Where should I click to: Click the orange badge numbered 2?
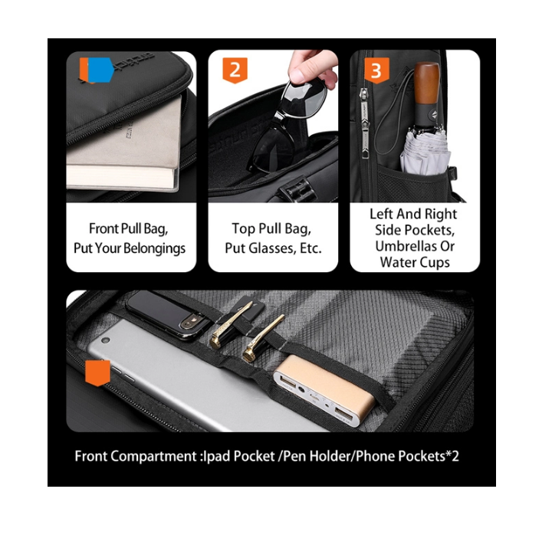pyautogui.click(x=235, y=71)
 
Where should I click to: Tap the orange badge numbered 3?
pyautogui.click(x=376, y=71)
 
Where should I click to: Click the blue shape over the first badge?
pyautogui.click(x=100, y=70)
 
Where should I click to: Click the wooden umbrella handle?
pyautogui.click(x=426, y=84)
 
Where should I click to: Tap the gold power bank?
pyautogui.click(x=324, y=391)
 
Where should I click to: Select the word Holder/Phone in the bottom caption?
pyautogui.click(x=353, y=456)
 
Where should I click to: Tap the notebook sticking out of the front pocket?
pyautogui.click(x=124, y=148)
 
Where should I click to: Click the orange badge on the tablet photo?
pyautogui.click(x=97, y=372)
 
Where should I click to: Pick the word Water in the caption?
pyautogui.click(x=396, y=262)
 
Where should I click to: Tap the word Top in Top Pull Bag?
pyautogui.click(x=243, y=229)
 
